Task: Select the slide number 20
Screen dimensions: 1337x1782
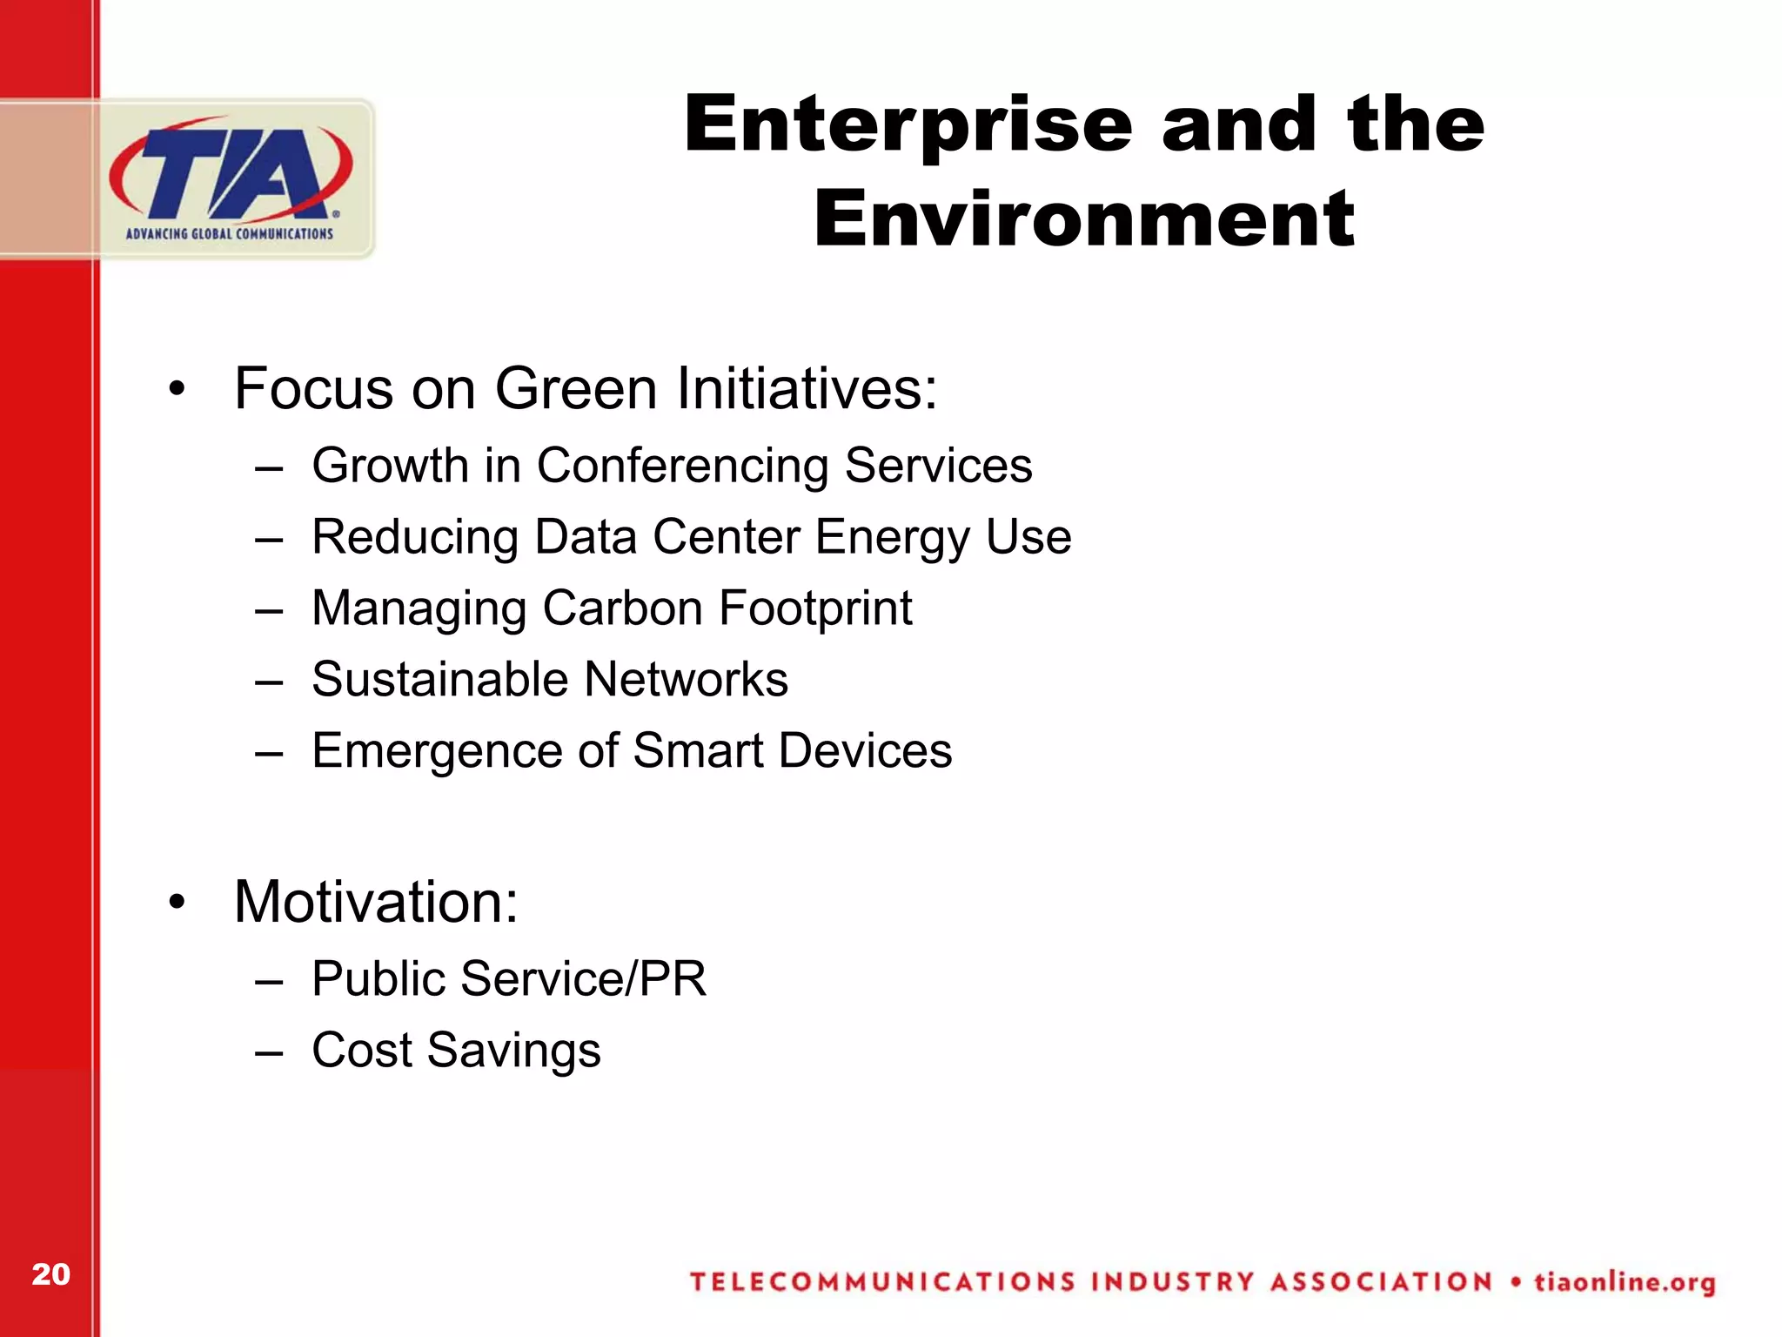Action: click(50, 1274)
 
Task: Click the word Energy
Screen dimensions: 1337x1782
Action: click(892, 537)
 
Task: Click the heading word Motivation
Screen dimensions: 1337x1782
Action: click(376, 902)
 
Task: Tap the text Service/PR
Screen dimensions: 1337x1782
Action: click(583, 978)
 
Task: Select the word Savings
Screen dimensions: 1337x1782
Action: click(513, 1051)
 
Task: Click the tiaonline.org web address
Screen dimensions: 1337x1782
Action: click(1624, 1282)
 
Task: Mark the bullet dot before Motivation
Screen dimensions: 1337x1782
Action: click(178, 903)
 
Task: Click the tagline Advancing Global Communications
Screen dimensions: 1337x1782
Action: click(230, 233)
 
